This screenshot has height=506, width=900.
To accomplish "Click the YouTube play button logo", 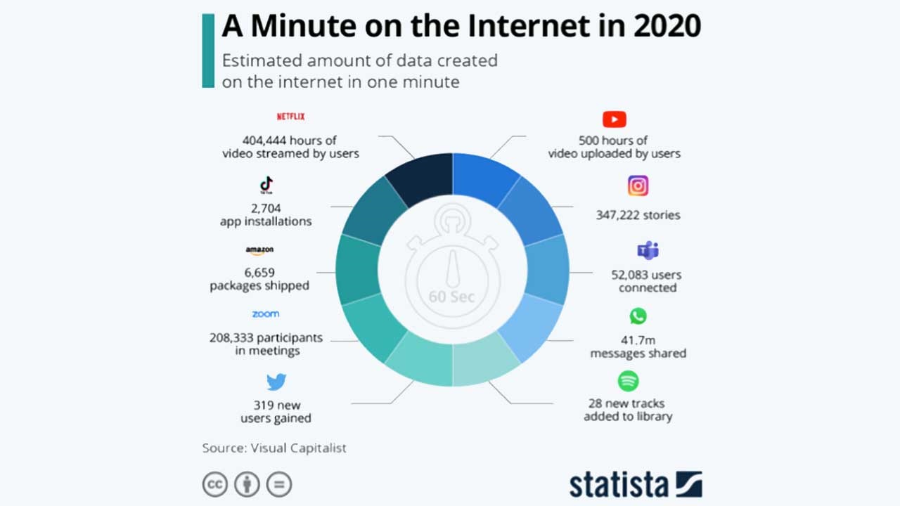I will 614,119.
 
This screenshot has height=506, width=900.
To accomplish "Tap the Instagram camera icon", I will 638,186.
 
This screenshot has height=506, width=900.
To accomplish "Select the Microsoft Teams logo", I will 647,250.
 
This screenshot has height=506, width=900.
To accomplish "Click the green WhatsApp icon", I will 638,316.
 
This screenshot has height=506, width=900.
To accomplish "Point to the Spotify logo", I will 628,382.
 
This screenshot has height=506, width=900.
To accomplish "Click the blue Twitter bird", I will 276,382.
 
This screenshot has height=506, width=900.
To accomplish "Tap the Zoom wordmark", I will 266,314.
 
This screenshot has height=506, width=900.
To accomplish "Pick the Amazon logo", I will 259,250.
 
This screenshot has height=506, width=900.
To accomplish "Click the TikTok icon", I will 266,186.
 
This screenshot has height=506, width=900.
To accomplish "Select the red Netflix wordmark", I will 290,117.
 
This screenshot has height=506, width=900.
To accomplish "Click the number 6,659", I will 259,273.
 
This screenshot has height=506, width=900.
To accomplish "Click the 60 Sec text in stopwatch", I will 452,297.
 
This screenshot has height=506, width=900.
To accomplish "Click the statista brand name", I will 619,484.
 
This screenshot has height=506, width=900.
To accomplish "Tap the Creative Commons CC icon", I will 214,484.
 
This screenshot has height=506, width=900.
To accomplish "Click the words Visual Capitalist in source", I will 298,448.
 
